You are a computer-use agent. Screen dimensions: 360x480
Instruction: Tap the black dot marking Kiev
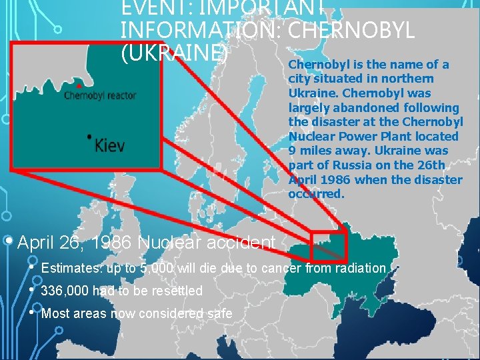point(89,137)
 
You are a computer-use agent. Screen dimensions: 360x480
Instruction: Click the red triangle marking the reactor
point(80,85)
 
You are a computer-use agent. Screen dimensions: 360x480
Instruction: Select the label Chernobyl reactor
point(100,95)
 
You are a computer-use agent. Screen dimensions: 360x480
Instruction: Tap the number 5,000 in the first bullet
point(154,269)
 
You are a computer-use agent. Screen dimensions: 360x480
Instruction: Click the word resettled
point(177,291)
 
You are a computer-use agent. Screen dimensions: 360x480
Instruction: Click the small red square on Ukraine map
point(329,245)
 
